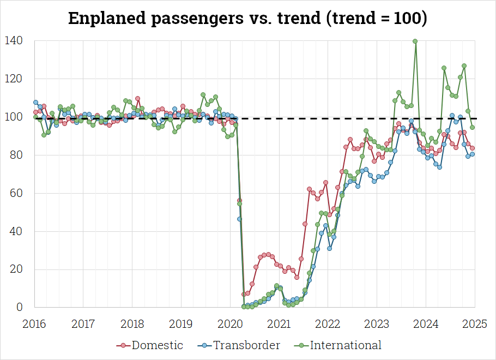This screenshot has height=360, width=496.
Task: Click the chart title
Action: coord(248,18)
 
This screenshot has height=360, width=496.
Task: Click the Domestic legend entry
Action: coord(149,345)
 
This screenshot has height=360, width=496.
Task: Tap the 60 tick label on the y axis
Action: coord(17,193)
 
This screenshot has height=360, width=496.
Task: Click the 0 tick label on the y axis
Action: coord(21,308)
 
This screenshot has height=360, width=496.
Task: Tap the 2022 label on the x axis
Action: coord(328,323)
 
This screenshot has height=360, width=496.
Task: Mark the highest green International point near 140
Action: coord(415,41)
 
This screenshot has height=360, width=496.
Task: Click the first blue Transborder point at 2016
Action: coord(35,102)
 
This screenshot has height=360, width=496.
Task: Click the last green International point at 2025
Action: coord(473,127)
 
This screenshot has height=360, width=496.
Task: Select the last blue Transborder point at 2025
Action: coord(473,154)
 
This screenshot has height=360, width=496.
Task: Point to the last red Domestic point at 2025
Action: coord(473,148)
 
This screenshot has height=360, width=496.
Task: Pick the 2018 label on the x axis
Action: coord(132,323)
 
